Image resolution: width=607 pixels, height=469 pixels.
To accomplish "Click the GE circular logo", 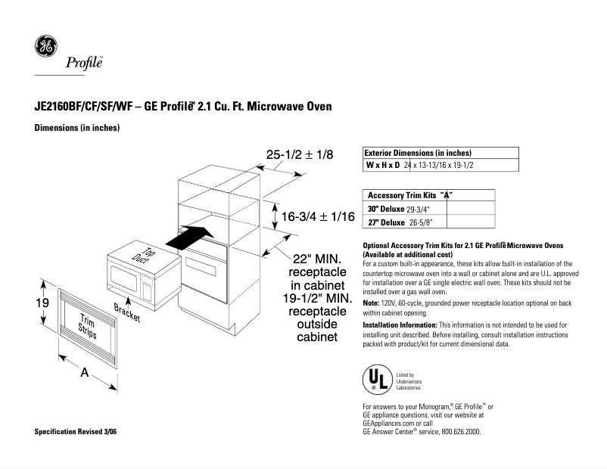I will pyautogui.click(x=45, y=47).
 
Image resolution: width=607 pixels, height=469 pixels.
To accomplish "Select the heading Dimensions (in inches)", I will pyautogui.click(x=77, y=128).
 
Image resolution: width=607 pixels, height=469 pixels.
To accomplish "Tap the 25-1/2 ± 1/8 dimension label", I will pyautogui.click(x=300, y=154).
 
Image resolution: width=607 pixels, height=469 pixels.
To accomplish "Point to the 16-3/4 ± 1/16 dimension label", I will pyautogui.click(x=318, y=217).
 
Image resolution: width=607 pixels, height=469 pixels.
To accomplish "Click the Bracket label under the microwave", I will pyautogui.click(x=127, y=312).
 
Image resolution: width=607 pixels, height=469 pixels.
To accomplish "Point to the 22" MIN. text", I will pyautogui.click(x=317, y=259).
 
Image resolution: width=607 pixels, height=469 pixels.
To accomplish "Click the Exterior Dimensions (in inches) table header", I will pyautogui.click(x=418, y=153).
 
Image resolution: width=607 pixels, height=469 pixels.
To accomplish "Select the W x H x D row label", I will pyautogui.click(x=383, y=165).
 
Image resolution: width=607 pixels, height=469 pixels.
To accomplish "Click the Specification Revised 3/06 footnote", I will pyautogui.click(x=76, y=431).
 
